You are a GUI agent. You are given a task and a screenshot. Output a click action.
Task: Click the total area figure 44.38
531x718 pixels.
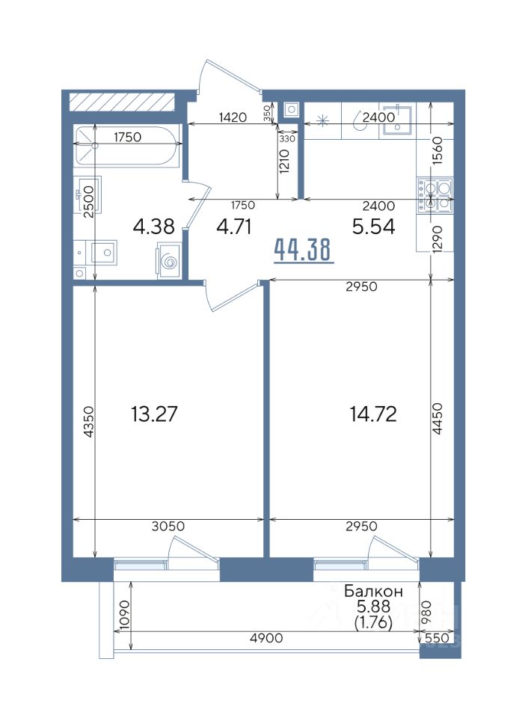coord(304,250)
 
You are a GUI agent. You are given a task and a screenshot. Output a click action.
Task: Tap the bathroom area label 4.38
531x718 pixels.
coord(154,226)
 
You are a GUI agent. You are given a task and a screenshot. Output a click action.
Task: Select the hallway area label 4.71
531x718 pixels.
coord(234,226)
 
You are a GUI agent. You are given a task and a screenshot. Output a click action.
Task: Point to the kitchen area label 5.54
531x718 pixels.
coord(373,226)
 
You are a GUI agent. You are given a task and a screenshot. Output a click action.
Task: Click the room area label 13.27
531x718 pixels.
coord(154,414)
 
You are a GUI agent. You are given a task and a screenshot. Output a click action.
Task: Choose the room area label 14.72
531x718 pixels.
coord(373,414)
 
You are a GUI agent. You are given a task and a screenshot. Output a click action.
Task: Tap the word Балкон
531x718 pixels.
coord(373,591)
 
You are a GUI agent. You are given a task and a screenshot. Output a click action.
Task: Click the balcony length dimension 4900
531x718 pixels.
coord(267,637)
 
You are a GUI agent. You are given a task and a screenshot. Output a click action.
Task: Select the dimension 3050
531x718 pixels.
coord(168,526)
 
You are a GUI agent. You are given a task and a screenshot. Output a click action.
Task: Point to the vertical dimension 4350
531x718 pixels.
coord(89,422)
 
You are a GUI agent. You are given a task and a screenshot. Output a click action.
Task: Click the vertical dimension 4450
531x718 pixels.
coord(438,418)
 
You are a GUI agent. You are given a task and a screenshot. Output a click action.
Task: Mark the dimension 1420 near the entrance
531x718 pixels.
coord(233,117)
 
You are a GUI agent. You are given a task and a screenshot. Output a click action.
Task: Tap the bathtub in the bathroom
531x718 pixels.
coord(125,146)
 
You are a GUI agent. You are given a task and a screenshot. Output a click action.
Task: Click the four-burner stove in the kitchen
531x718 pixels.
coord(435,195)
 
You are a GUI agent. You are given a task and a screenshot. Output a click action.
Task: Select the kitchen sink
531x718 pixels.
coord(397,120)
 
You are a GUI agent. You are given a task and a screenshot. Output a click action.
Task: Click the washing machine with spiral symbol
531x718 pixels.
coord(168,260)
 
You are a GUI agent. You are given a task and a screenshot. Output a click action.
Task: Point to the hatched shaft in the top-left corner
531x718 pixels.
coord(122,101)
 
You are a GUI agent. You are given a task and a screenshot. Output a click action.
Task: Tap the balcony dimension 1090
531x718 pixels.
coord(124,615)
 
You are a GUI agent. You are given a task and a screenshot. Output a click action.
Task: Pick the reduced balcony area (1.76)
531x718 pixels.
coord(373,623)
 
